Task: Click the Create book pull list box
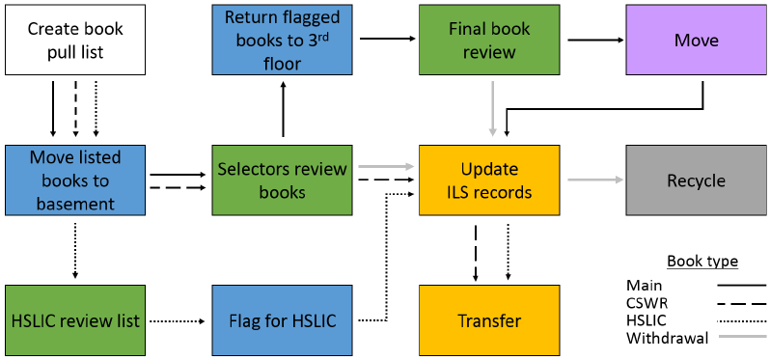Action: point(75,40)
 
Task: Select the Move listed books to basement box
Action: point(75,180)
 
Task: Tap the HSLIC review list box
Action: point(75,320)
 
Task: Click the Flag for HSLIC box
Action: point(283,320)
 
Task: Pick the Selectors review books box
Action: point(283,180)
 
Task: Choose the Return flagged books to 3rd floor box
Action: point(283,40)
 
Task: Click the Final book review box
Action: point(489,40)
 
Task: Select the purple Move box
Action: point(696,40)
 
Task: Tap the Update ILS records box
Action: point(489,180)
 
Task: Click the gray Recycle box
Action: point(696,180)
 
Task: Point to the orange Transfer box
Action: point(489,320)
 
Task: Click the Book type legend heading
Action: point(702,262)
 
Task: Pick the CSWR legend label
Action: point(646,303)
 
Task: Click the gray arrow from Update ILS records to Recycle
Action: point(592,180)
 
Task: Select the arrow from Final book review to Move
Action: point(592,40)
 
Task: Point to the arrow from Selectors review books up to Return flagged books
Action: point(283,110)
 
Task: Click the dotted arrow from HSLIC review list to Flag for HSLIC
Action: point(179,320)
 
